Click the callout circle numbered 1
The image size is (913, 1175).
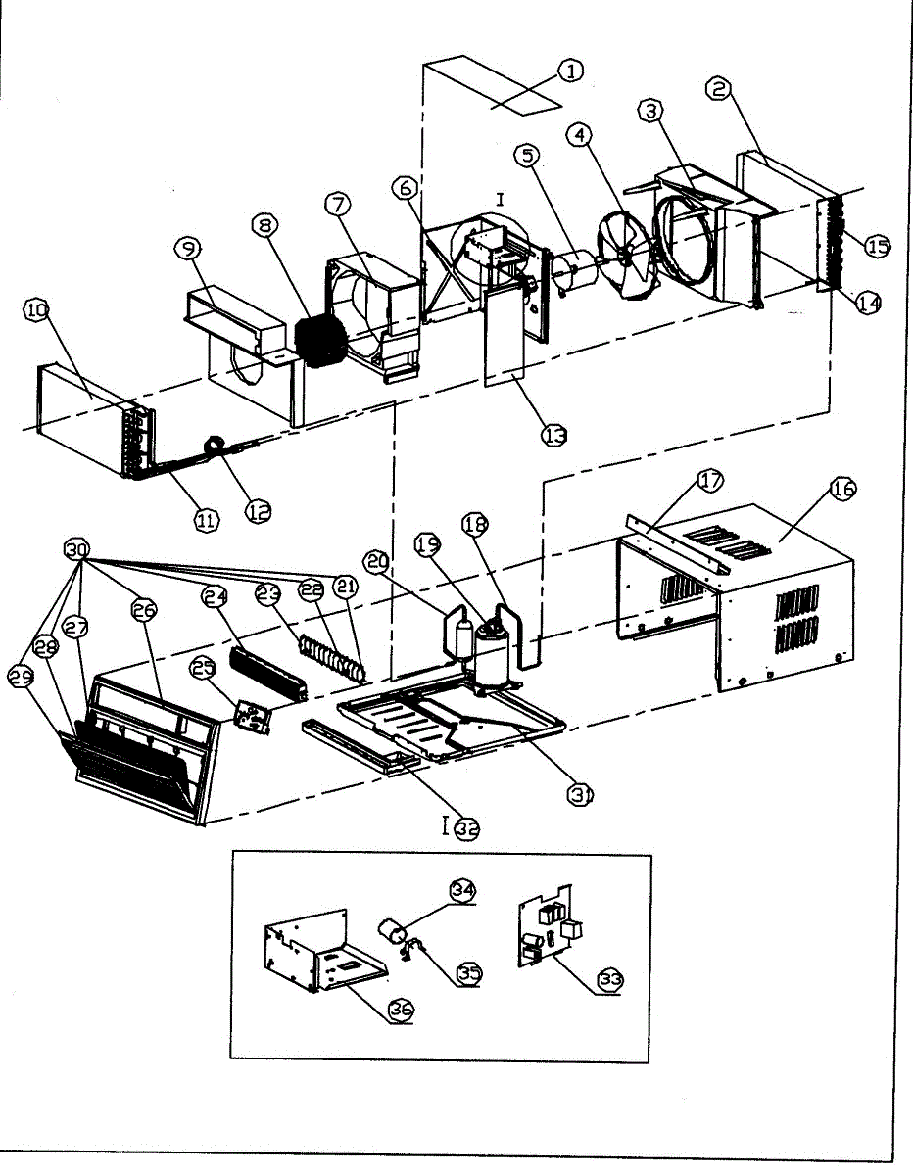coord(570,70)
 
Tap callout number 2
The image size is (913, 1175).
coord(719,89)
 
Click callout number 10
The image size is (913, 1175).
coord(36,311)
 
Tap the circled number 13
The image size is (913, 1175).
coord(555,436)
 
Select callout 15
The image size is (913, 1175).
coord(877,245)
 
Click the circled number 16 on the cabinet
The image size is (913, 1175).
coord(842,491)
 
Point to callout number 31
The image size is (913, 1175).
coord(582,794)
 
